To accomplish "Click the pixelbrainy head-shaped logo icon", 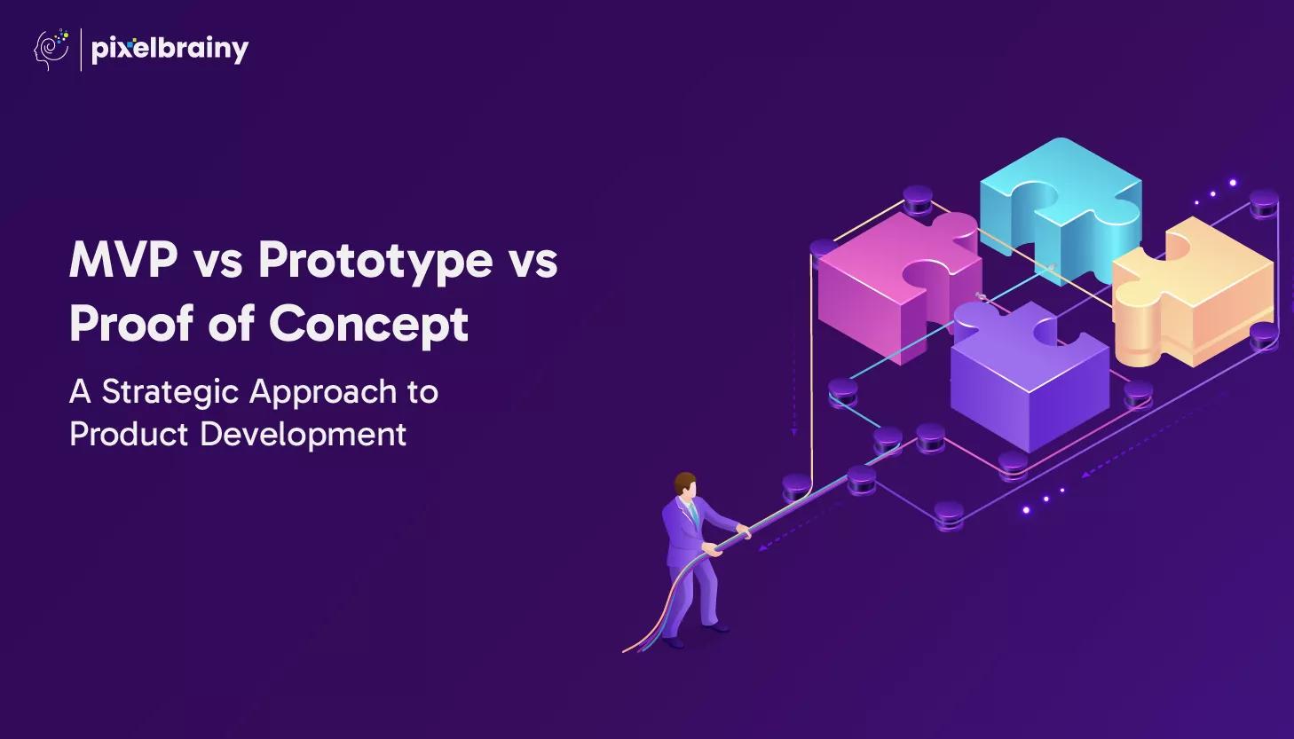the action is point(51,50).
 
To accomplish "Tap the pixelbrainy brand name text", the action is point(170,50).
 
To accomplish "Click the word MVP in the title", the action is point(123,261).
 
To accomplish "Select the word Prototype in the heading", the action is point(375,263).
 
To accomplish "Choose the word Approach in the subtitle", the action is point(323,393).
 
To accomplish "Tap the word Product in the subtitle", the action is point(129,434).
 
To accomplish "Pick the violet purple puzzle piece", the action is point(1030,376).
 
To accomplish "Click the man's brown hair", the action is point(684,483).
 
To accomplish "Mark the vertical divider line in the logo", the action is point(81,50).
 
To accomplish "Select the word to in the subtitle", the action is point(422,393).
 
